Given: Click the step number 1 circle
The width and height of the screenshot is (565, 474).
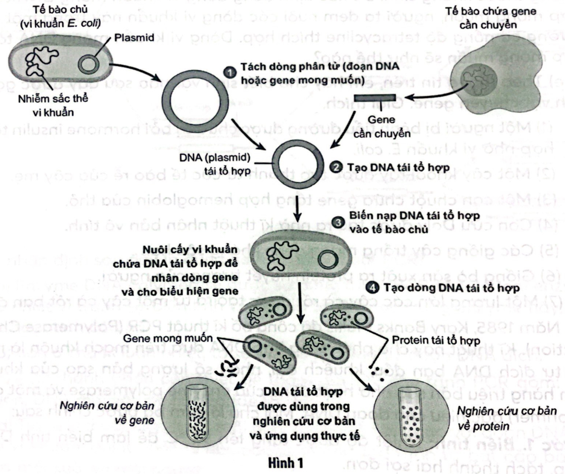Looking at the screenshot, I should pos(230,72).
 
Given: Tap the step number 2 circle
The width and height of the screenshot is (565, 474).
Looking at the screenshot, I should pos(336,167).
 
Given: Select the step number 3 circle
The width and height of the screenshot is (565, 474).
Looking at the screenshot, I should pos(338,223).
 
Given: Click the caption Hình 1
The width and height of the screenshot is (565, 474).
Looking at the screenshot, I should pos(286,463).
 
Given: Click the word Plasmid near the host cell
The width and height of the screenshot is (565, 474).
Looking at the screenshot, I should pos(134,38).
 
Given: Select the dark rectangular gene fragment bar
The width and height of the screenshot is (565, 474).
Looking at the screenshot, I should pos(375,98).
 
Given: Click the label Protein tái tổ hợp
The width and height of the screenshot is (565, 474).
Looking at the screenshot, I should pos(435,340).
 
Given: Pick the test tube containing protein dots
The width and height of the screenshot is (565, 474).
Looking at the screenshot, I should pos(410,417).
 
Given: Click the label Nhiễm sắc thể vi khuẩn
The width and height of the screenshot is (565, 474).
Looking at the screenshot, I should pos(53,105).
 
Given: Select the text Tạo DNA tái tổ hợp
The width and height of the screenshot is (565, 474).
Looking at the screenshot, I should pos(398,167).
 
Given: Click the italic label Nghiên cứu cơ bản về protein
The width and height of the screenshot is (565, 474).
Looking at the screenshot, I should pos(506,418).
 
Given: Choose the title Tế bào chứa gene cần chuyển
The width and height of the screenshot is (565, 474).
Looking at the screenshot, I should pos(490,18).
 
